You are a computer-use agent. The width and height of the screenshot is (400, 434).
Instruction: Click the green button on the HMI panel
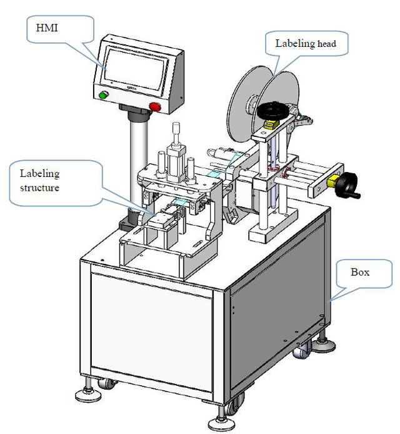click(103, 95)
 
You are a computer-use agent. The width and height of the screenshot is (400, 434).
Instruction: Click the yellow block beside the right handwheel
click(332, 183)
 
